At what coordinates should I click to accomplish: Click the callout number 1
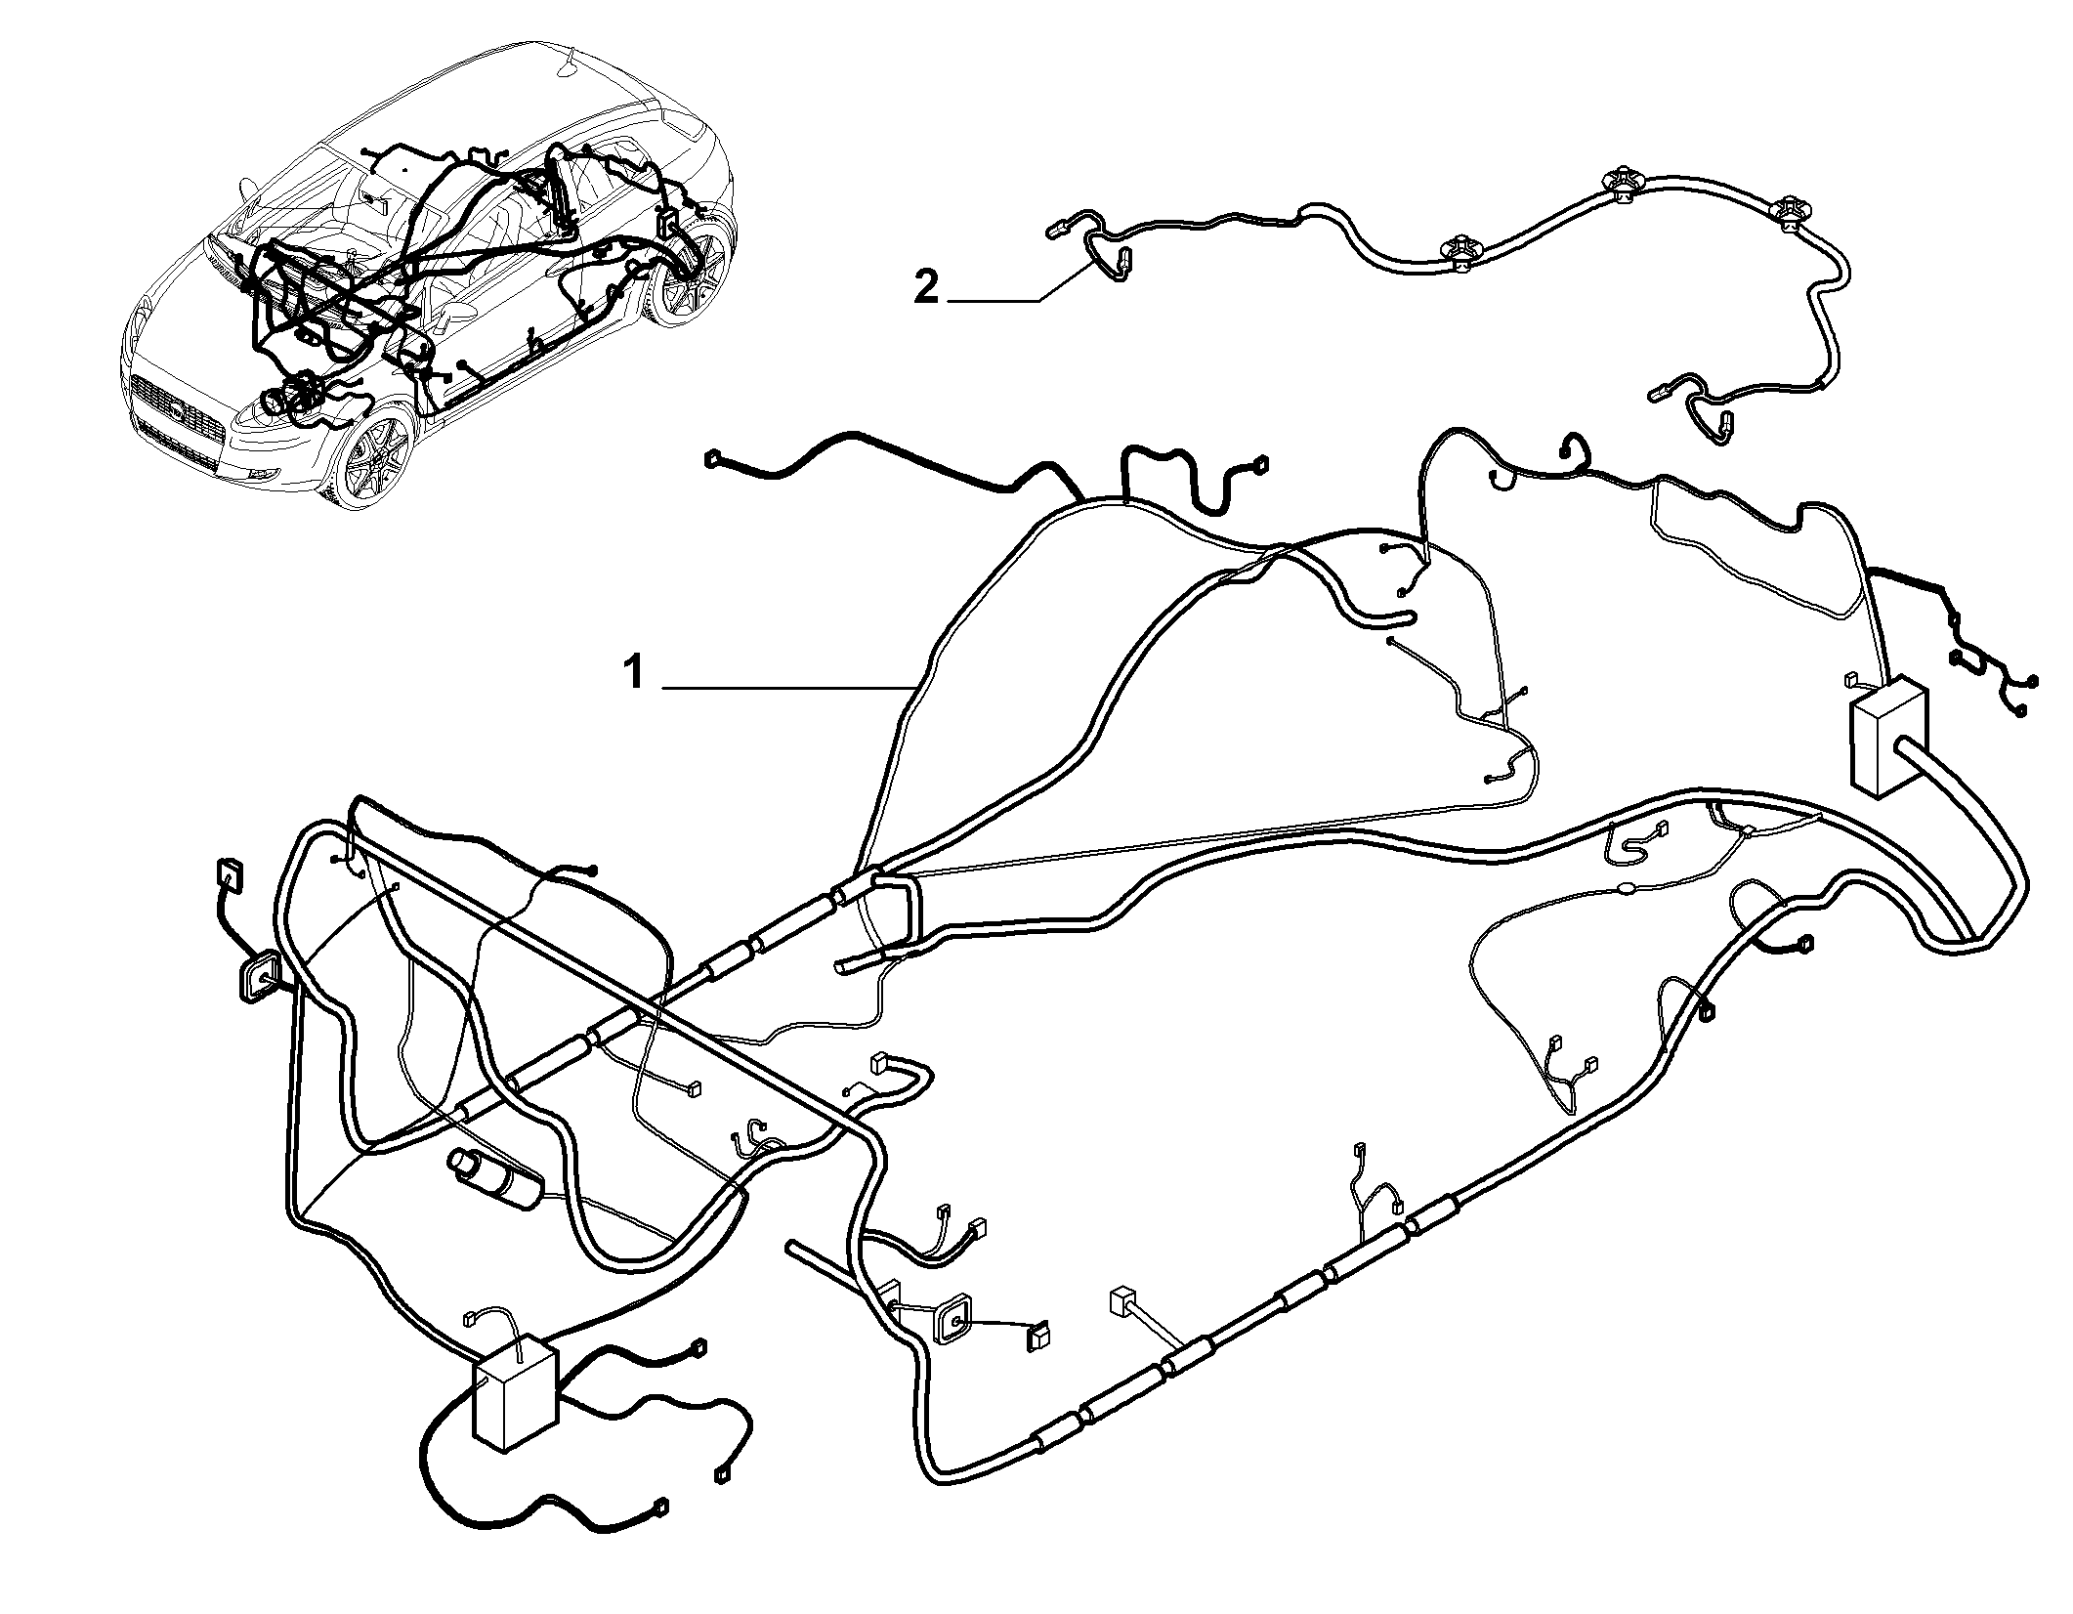pyautogui.click(x=635, y=673)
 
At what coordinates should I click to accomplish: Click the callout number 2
pyautogui.click(x=925, y=289)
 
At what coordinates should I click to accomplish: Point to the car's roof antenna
pyautogui.click(x=565, y=65)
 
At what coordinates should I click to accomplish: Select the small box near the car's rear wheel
pyautogui.click(x=670, y=219)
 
